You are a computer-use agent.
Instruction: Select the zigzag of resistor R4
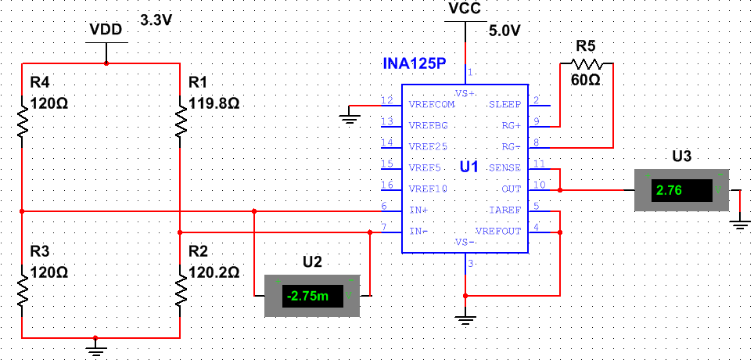tap(23, 121)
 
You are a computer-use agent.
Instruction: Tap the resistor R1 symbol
tap(181, 121)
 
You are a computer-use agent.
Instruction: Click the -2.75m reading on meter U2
tap(309, 296)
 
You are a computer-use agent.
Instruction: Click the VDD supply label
tap(106, 29)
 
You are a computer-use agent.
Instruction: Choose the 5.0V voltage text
tap(504, 31)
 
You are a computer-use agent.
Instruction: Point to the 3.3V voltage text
tap(156, 20)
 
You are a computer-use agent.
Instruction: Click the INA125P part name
tap(414, 63)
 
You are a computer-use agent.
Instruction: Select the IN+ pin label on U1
tap(418, 211)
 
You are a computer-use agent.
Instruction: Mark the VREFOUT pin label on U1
tap(498, 232)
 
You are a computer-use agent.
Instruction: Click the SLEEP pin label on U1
tap(504, 104)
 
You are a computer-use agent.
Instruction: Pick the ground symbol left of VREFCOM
tap(348, 118)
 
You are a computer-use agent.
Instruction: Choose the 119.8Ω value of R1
tap(214, 103)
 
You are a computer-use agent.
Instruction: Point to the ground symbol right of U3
tap(739, 225)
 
